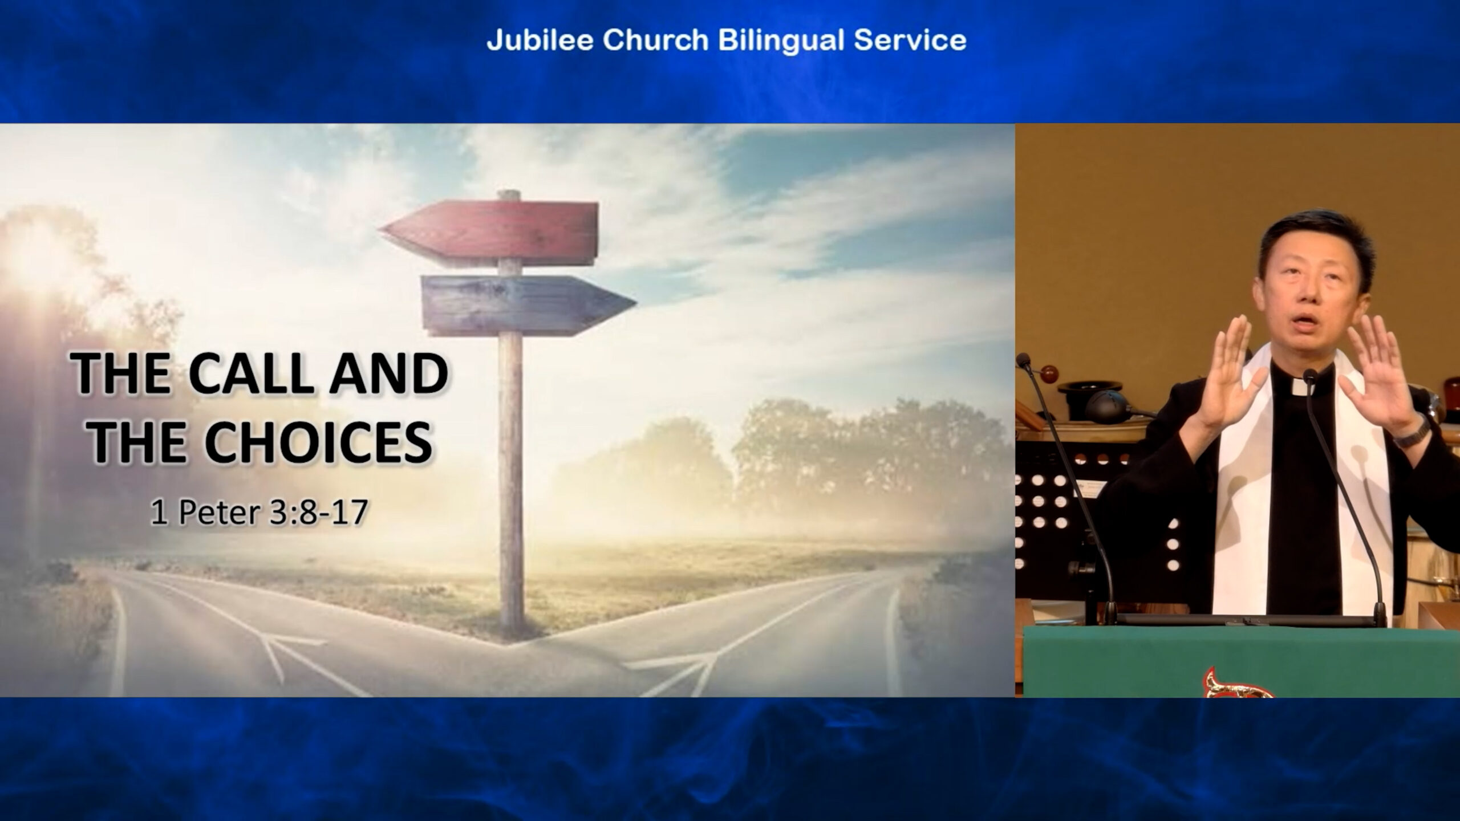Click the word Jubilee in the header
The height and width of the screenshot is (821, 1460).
point(541,40)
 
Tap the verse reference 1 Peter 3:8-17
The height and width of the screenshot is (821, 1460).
point(258,513)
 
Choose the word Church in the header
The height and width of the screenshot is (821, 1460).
point(656,40)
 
